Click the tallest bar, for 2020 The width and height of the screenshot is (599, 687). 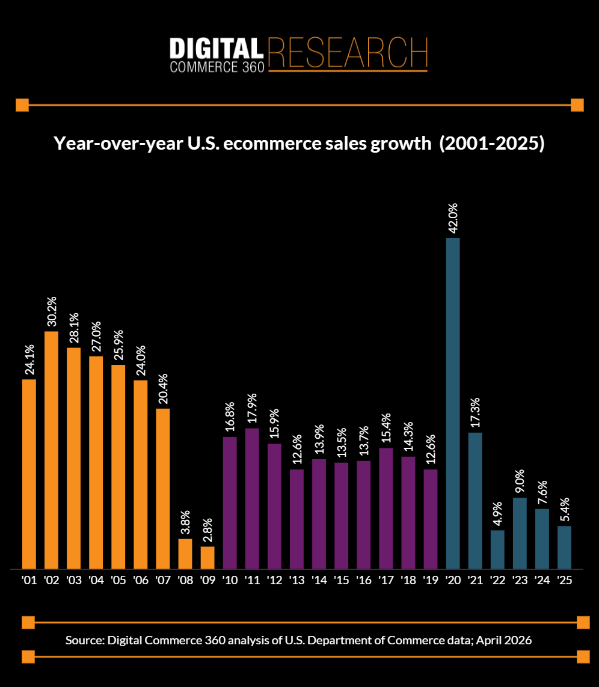tap(452, 403)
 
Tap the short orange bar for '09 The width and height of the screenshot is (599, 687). tap(207, 557)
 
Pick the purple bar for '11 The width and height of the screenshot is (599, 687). tap(252, 498)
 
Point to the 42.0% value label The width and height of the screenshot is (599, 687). tap(453, 219)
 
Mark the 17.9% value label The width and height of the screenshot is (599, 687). tap(252, 409)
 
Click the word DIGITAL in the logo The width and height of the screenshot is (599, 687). tap(216, 48)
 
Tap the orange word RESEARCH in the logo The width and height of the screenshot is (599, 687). tap(348, 52)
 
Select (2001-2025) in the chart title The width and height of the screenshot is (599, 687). tap(491, 145)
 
